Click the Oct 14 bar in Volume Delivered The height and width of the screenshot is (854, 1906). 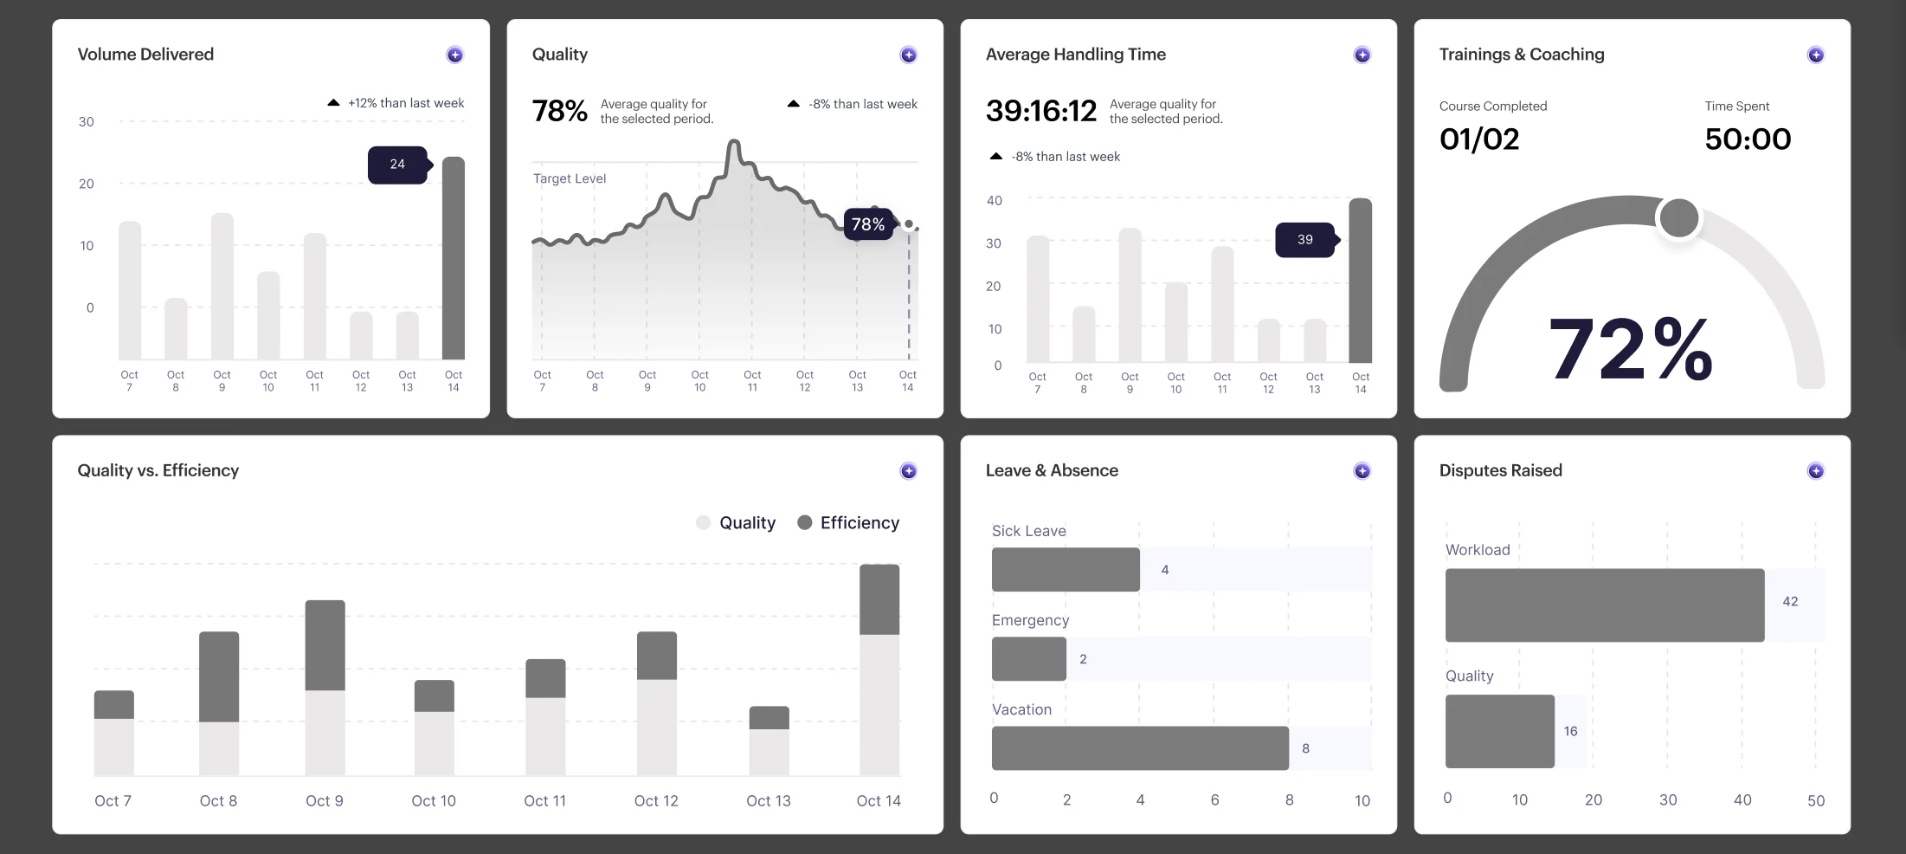454,258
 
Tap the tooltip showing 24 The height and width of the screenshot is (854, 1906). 398,165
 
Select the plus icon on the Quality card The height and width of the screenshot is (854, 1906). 908,55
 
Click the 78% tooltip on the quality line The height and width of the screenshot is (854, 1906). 868,224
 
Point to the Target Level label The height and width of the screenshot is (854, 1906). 570,178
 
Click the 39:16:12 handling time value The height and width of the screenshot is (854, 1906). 1041,111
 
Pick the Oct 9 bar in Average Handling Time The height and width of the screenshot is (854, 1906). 1130,295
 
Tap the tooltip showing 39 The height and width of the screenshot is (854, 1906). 1306,240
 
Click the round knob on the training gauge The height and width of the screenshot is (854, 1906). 1679,217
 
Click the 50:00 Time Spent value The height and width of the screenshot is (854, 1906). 1748,139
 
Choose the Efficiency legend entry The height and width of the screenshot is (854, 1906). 848,522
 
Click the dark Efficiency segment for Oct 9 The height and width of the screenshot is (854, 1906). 325,645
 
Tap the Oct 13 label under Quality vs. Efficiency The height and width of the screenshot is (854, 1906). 769,801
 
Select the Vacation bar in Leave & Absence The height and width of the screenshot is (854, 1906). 1140,748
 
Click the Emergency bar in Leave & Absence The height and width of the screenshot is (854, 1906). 1029,659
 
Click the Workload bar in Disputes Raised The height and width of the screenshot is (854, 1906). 1605,605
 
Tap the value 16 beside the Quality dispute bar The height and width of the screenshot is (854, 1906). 1570,731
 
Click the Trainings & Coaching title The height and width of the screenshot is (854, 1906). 1522,55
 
